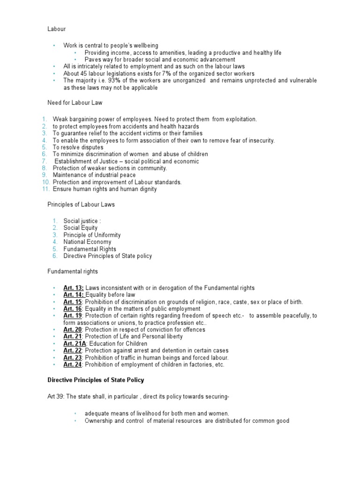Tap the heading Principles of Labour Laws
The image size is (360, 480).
point(81,204)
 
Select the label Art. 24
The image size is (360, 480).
point(73,365)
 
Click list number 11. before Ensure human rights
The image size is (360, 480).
point(46,189)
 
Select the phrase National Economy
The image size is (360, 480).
point(88,242)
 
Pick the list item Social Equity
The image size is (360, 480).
point(81,228)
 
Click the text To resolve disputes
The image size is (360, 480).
point(78,147)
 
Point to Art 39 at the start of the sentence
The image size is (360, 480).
point(55,397)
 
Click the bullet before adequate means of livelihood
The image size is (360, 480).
point(75,414)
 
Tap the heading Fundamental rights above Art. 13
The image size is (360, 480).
point(73,271)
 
